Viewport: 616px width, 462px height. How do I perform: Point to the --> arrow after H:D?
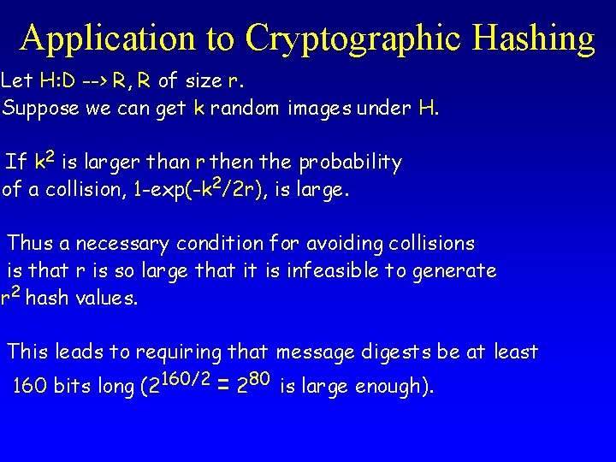(96, 82)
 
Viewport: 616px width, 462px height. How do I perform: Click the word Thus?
(29, 244)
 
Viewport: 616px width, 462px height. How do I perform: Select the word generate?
(458, 271)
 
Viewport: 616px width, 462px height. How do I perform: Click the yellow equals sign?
(224, 387)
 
